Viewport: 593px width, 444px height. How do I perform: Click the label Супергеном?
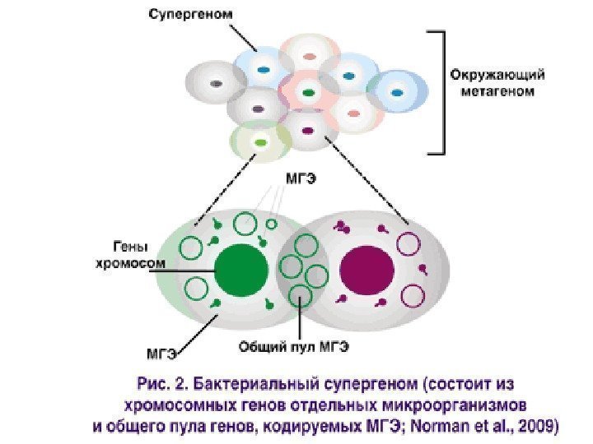[189, 14]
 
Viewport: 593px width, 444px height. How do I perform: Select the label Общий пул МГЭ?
[293, 347]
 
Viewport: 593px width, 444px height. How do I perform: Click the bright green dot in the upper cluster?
[261, 142]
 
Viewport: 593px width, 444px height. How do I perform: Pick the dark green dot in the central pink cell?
[308, 93]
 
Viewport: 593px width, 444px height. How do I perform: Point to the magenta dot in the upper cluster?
[307, 129]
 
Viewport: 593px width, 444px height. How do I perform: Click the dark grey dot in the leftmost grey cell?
[216, 83]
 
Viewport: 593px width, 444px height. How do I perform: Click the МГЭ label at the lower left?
[161, 354]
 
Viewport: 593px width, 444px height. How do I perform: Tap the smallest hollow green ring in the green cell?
[271, 224]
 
